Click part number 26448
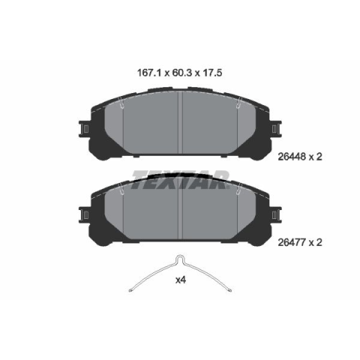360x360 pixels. pos(292,157)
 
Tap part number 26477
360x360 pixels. pos(292,242)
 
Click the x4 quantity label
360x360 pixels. pos(181,280)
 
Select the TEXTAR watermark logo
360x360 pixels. pos(181,179)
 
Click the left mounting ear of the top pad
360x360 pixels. pos(85,129)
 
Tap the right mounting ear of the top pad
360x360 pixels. pos(276,129)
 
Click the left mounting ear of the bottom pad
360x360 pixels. pos(85,215)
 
